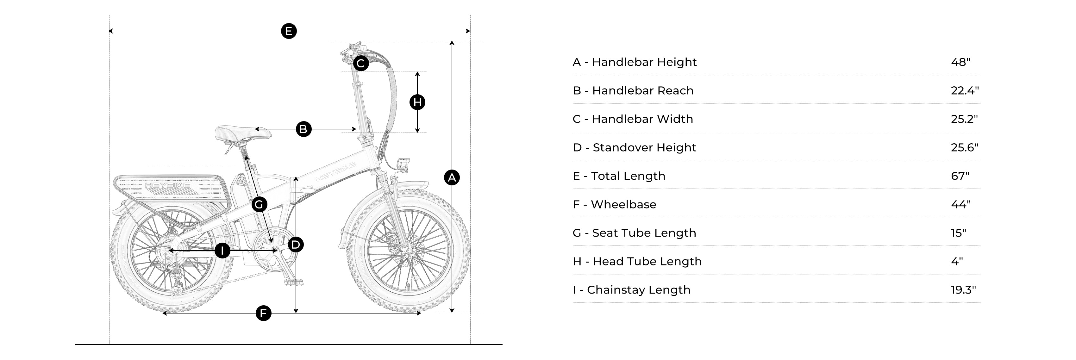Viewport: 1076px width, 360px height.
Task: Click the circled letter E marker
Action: [289, 31]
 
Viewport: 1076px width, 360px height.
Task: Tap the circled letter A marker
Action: [452, 178]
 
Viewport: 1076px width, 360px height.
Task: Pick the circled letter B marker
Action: [304, 129]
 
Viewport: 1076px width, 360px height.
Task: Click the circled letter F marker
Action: [263, 313]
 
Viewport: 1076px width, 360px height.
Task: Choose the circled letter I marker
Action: [222, 251]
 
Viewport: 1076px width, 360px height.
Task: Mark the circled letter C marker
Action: [361, 64]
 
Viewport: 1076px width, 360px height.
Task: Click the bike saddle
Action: [243, 133]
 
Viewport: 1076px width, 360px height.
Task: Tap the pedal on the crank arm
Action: [294, 282]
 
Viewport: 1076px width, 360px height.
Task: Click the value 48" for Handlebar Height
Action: [960, 62]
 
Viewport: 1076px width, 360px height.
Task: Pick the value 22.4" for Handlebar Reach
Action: [965, 90]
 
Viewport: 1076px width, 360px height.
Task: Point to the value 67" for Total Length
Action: [960, 176]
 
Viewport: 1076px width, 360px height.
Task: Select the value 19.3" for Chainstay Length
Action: [963, 290]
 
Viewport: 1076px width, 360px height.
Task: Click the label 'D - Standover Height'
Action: [635, 147]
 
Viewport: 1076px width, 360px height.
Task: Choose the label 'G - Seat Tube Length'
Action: [635, 233]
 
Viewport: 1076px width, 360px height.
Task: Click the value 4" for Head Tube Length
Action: [957, 261]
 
